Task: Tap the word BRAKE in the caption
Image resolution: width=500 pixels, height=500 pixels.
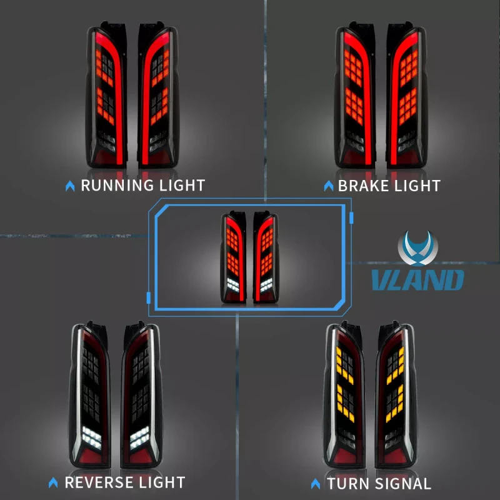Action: click(364, 186)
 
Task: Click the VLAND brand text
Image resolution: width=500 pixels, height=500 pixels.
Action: click(417, 279)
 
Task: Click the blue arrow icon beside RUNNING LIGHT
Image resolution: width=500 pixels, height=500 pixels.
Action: click(70, 186)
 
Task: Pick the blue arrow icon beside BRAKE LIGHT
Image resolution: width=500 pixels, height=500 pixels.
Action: click(329, 186)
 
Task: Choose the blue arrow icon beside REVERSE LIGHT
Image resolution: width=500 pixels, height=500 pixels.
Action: click(53, 482)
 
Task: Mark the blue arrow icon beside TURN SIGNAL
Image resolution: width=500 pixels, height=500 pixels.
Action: click(316, 484)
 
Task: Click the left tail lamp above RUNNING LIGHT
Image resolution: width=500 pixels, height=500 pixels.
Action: click(106, 95)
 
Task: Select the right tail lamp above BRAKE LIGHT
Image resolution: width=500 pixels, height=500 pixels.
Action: click(406, 95)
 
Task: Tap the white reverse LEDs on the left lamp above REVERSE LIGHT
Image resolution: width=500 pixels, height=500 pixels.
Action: click(91, 438)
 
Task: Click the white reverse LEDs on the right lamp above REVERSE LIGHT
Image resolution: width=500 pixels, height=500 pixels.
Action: click(139, 438)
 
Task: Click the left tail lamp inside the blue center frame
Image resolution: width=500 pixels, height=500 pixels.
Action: click(233, 257)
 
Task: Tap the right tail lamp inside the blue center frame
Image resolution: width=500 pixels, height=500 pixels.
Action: click(266, 257)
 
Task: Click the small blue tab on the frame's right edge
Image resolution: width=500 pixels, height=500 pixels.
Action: click(351, 217)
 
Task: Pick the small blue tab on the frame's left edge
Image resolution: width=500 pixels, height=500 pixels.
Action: click(148, 298)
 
